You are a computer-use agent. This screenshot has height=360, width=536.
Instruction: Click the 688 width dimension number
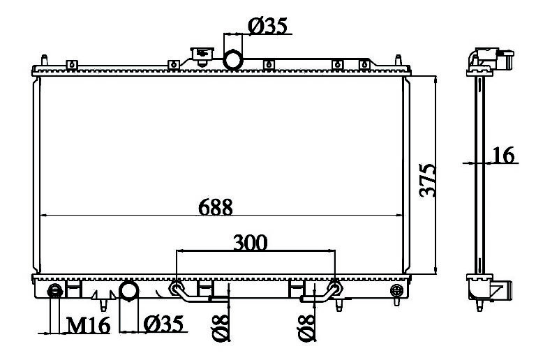pos(216,207)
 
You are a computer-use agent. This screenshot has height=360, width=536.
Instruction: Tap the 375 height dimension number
pos(428,180)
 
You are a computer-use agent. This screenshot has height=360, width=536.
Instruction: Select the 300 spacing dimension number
pos(251,243)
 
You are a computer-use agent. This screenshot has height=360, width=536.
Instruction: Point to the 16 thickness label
pos(502,155)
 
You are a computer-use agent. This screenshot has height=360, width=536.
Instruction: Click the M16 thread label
pos(88,325)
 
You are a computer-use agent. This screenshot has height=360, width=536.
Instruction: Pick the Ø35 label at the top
pos(268,26)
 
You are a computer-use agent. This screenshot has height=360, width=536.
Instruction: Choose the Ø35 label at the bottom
pos(163,324)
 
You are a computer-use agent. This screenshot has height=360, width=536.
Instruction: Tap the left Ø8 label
pos(221,327)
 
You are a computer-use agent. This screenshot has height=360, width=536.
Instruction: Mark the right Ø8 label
pos(306,327)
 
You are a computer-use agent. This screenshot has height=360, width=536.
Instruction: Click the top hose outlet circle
pos(233,60)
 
